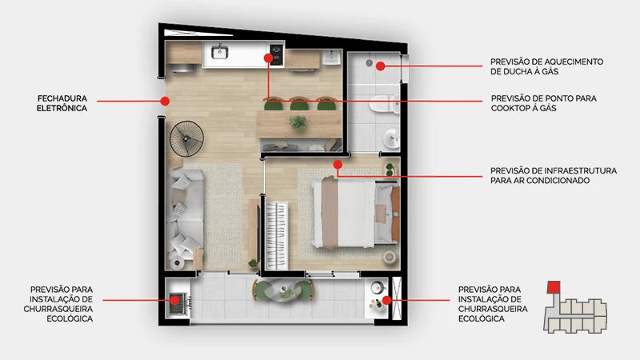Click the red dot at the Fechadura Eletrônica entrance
tap(165, 101)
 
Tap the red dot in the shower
tap(381, 66)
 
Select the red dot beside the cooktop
tap(268, 58)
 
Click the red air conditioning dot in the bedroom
tap(338, 165)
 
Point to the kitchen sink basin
tap(219, 52)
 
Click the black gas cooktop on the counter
tap(276, 54)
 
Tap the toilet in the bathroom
tap(384, 104)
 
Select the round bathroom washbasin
tap(392, 138)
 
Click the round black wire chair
tap(186, 138)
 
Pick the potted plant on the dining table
tap(298, 122)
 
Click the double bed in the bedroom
tap(354, 212)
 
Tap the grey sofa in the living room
tap(186, 215)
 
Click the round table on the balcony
tap(285, 290)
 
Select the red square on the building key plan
tap(554, 287)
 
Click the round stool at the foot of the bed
tap(390, 257)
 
